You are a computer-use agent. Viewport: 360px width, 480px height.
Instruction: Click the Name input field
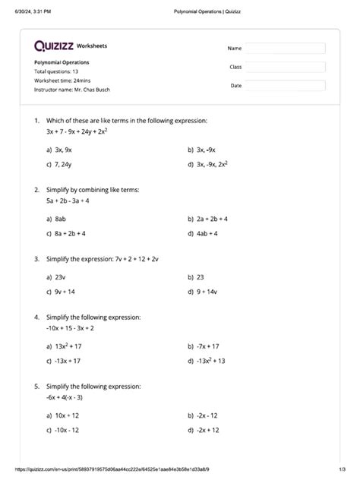[x=285, y=49]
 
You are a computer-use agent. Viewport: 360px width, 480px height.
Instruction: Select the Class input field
[x=285, y=67]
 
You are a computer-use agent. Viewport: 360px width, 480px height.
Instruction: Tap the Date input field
[x=285, y=86]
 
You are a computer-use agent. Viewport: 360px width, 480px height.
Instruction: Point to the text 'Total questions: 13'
[x=56, y=71]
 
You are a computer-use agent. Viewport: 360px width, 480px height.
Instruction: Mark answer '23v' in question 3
[x=62, y=277]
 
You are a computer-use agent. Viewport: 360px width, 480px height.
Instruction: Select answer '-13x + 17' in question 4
[x=67, y=361]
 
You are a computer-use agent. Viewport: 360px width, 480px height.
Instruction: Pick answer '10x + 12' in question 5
[x=65, y=415]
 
